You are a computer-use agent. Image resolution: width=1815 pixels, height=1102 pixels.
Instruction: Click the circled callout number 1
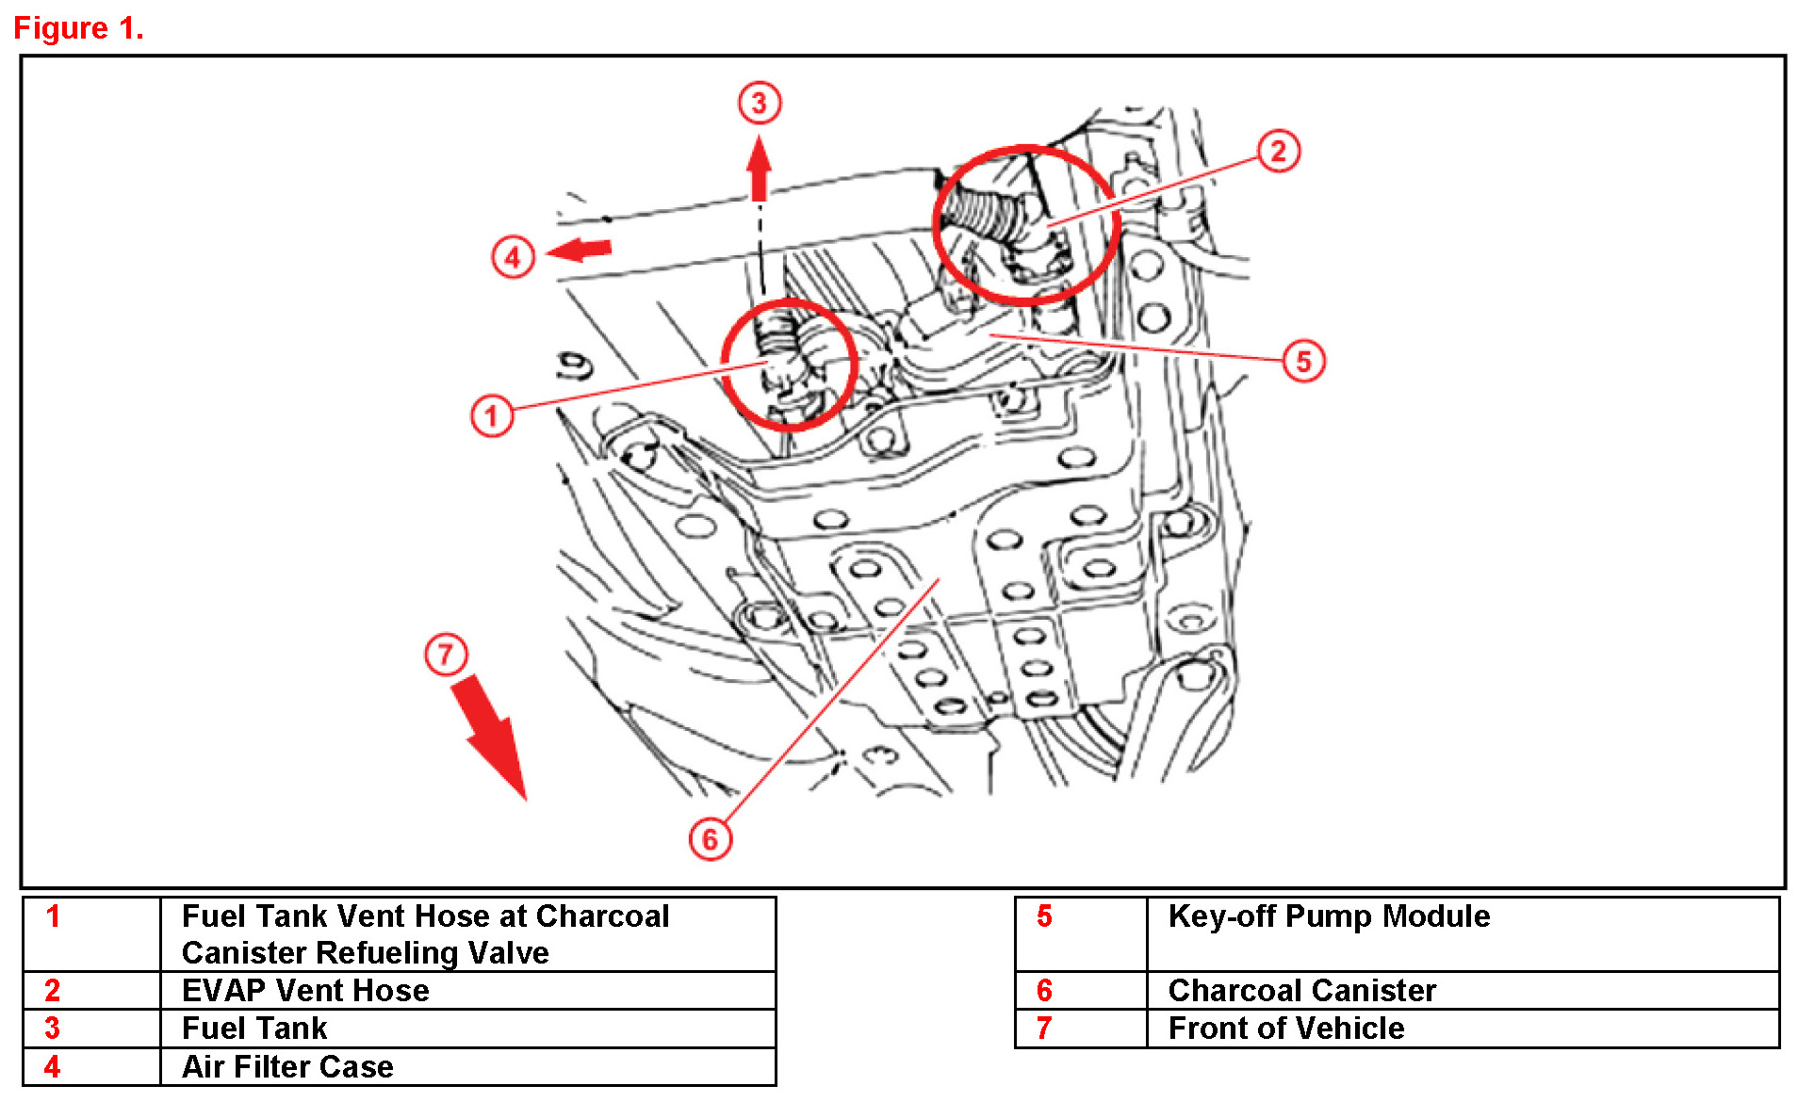[x=491, y=415]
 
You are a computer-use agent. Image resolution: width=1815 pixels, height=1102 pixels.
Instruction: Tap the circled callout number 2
[x=1278, y=151]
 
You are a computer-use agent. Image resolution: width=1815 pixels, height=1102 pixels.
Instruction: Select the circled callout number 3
[x=759, y=103]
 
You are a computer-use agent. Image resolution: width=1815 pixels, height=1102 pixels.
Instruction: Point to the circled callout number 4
[x=513, y=256]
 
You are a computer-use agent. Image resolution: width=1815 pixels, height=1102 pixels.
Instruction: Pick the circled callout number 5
[x=1303, y=361]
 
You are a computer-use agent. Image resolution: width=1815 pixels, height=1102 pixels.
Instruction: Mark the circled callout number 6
[x=710, y=838]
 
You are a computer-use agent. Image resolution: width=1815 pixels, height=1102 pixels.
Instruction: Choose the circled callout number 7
[x=446, y=654]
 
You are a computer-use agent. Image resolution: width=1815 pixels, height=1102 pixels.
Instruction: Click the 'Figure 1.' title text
[x=78, y=28]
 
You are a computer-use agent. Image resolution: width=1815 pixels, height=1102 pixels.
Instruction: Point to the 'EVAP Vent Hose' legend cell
[x=305, y=991]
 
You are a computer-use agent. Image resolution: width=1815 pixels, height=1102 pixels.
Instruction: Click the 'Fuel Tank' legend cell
[x=254, y=1029]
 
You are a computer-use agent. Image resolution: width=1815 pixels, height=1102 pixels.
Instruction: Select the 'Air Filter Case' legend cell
[x=287, y=1067]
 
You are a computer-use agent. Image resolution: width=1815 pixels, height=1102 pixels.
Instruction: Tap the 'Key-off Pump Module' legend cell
[x=1329, y=916]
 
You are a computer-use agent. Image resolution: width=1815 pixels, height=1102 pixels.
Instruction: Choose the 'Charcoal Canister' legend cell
[x=1301, y=991]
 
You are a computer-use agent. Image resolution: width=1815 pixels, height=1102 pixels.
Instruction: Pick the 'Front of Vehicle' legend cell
[x=1285, y=1029]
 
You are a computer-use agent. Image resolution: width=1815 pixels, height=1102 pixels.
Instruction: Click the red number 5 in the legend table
[x=1044, y=916]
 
